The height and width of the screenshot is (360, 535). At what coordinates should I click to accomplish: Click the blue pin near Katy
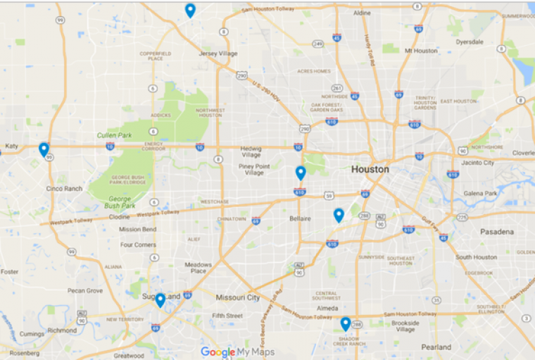(44, 149)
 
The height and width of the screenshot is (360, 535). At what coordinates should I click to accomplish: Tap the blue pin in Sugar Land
(160, 300)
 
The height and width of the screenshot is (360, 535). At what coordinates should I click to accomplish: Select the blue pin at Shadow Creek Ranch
(346, 323)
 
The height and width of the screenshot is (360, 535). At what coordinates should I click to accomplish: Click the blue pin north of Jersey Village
(190, 10)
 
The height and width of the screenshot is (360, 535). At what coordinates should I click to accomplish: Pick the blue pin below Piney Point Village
(301, 173)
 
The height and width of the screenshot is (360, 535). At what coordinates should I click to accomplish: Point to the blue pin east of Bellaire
(339, 215)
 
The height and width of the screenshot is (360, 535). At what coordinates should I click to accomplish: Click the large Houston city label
(370, 170)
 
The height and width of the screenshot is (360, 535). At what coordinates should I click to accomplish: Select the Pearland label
(436, 347)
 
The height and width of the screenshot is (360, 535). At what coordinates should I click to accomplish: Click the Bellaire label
(300, 219)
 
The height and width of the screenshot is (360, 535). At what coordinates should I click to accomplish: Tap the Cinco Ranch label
(65, 189)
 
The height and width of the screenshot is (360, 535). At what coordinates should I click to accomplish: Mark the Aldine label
(362, 13)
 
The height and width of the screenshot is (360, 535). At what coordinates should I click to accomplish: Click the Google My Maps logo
(237, 352)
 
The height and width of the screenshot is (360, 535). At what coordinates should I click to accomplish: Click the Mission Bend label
(138, 229)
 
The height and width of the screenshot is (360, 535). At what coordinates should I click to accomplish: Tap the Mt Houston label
(421, 51)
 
